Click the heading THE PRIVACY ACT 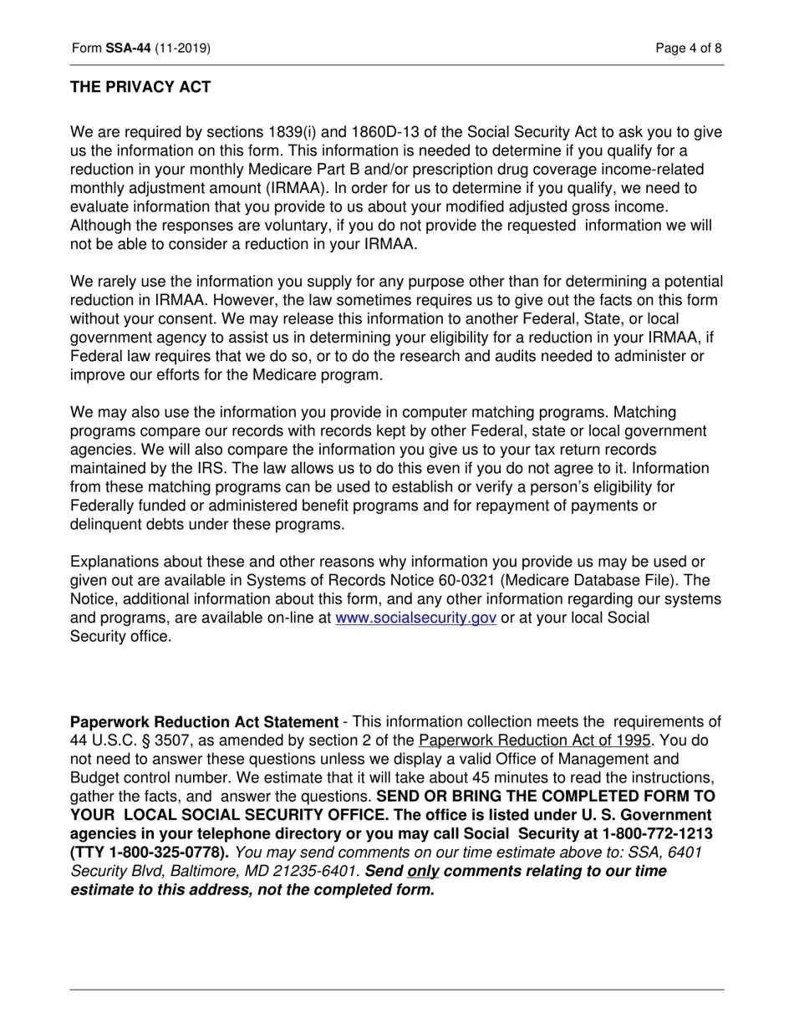(x=140, y=87)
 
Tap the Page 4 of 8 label (x=689, y=48)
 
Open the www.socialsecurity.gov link (x=415, y=618)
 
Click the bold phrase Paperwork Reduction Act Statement (x=204, y=722)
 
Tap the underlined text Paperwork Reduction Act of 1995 (x=535, y=740)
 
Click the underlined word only (x=423, y=872)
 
